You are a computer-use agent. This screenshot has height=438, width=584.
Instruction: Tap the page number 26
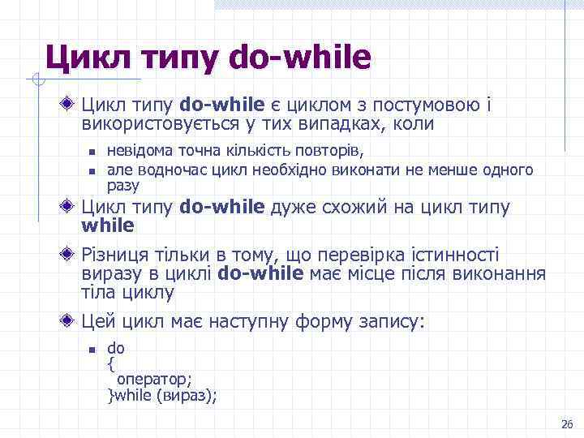click(x=566, y=425)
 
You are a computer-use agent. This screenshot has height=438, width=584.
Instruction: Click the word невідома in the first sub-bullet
click(x=134, y=152)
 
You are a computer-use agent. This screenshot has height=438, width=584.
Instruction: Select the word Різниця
click(x=116, y=255)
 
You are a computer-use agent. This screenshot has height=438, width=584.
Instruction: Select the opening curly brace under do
click(x=111, y=364)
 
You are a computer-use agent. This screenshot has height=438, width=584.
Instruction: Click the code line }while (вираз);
click(x=161, y=396)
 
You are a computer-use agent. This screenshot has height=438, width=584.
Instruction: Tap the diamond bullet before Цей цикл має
click(x=71, y=320)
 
